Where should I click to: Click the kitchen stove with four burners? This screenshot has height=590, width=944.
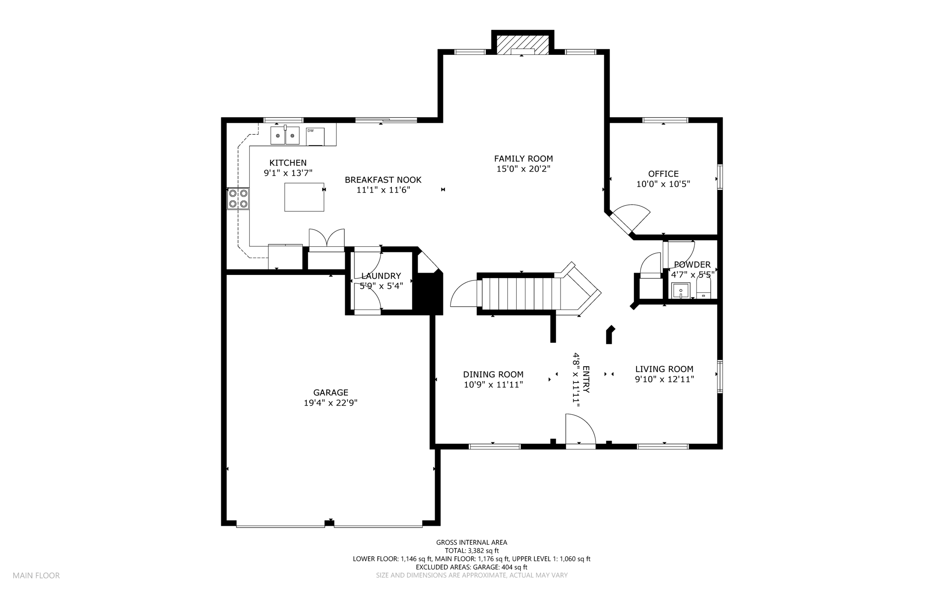click(238, 198)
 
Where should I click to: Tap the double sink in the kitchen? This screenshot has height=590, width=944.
click(285, 136)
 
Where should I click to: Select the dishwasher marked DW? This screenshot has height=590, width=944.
click(315, 137)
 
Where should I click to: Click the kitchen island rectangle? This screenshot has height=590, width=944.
click(304, 197)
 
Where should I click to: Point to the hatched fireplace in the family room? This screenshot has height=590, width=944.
click(523, 45)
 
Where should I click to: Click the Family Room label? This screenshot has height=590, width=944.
click(523, 159)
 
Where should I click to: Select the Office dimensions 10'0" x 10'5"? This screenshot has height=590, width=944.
click(663, 184)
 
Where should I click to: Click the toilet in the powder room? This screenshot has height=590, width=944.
click(703, 288)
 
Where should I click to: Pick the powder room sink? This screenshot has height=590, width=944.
click(681, 291)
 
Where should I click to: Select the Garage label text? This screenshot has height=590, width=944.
click(330, 393)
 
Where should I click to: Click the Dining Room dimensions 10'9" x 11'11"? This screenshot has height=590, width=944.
click(493, 385)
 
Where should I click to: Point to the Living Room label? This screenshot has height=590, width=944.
click(664, 369)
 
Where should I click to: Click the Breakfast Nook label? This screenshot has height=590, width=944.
click(383, 180)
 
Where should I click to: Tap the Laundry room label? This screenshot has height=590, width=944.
click(381, 276)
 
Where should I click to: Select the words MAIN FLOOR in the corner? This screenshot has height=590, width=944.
click(36, 576)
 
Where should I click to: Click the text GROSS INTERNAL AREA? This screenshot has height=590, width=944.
click(472, 542)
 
